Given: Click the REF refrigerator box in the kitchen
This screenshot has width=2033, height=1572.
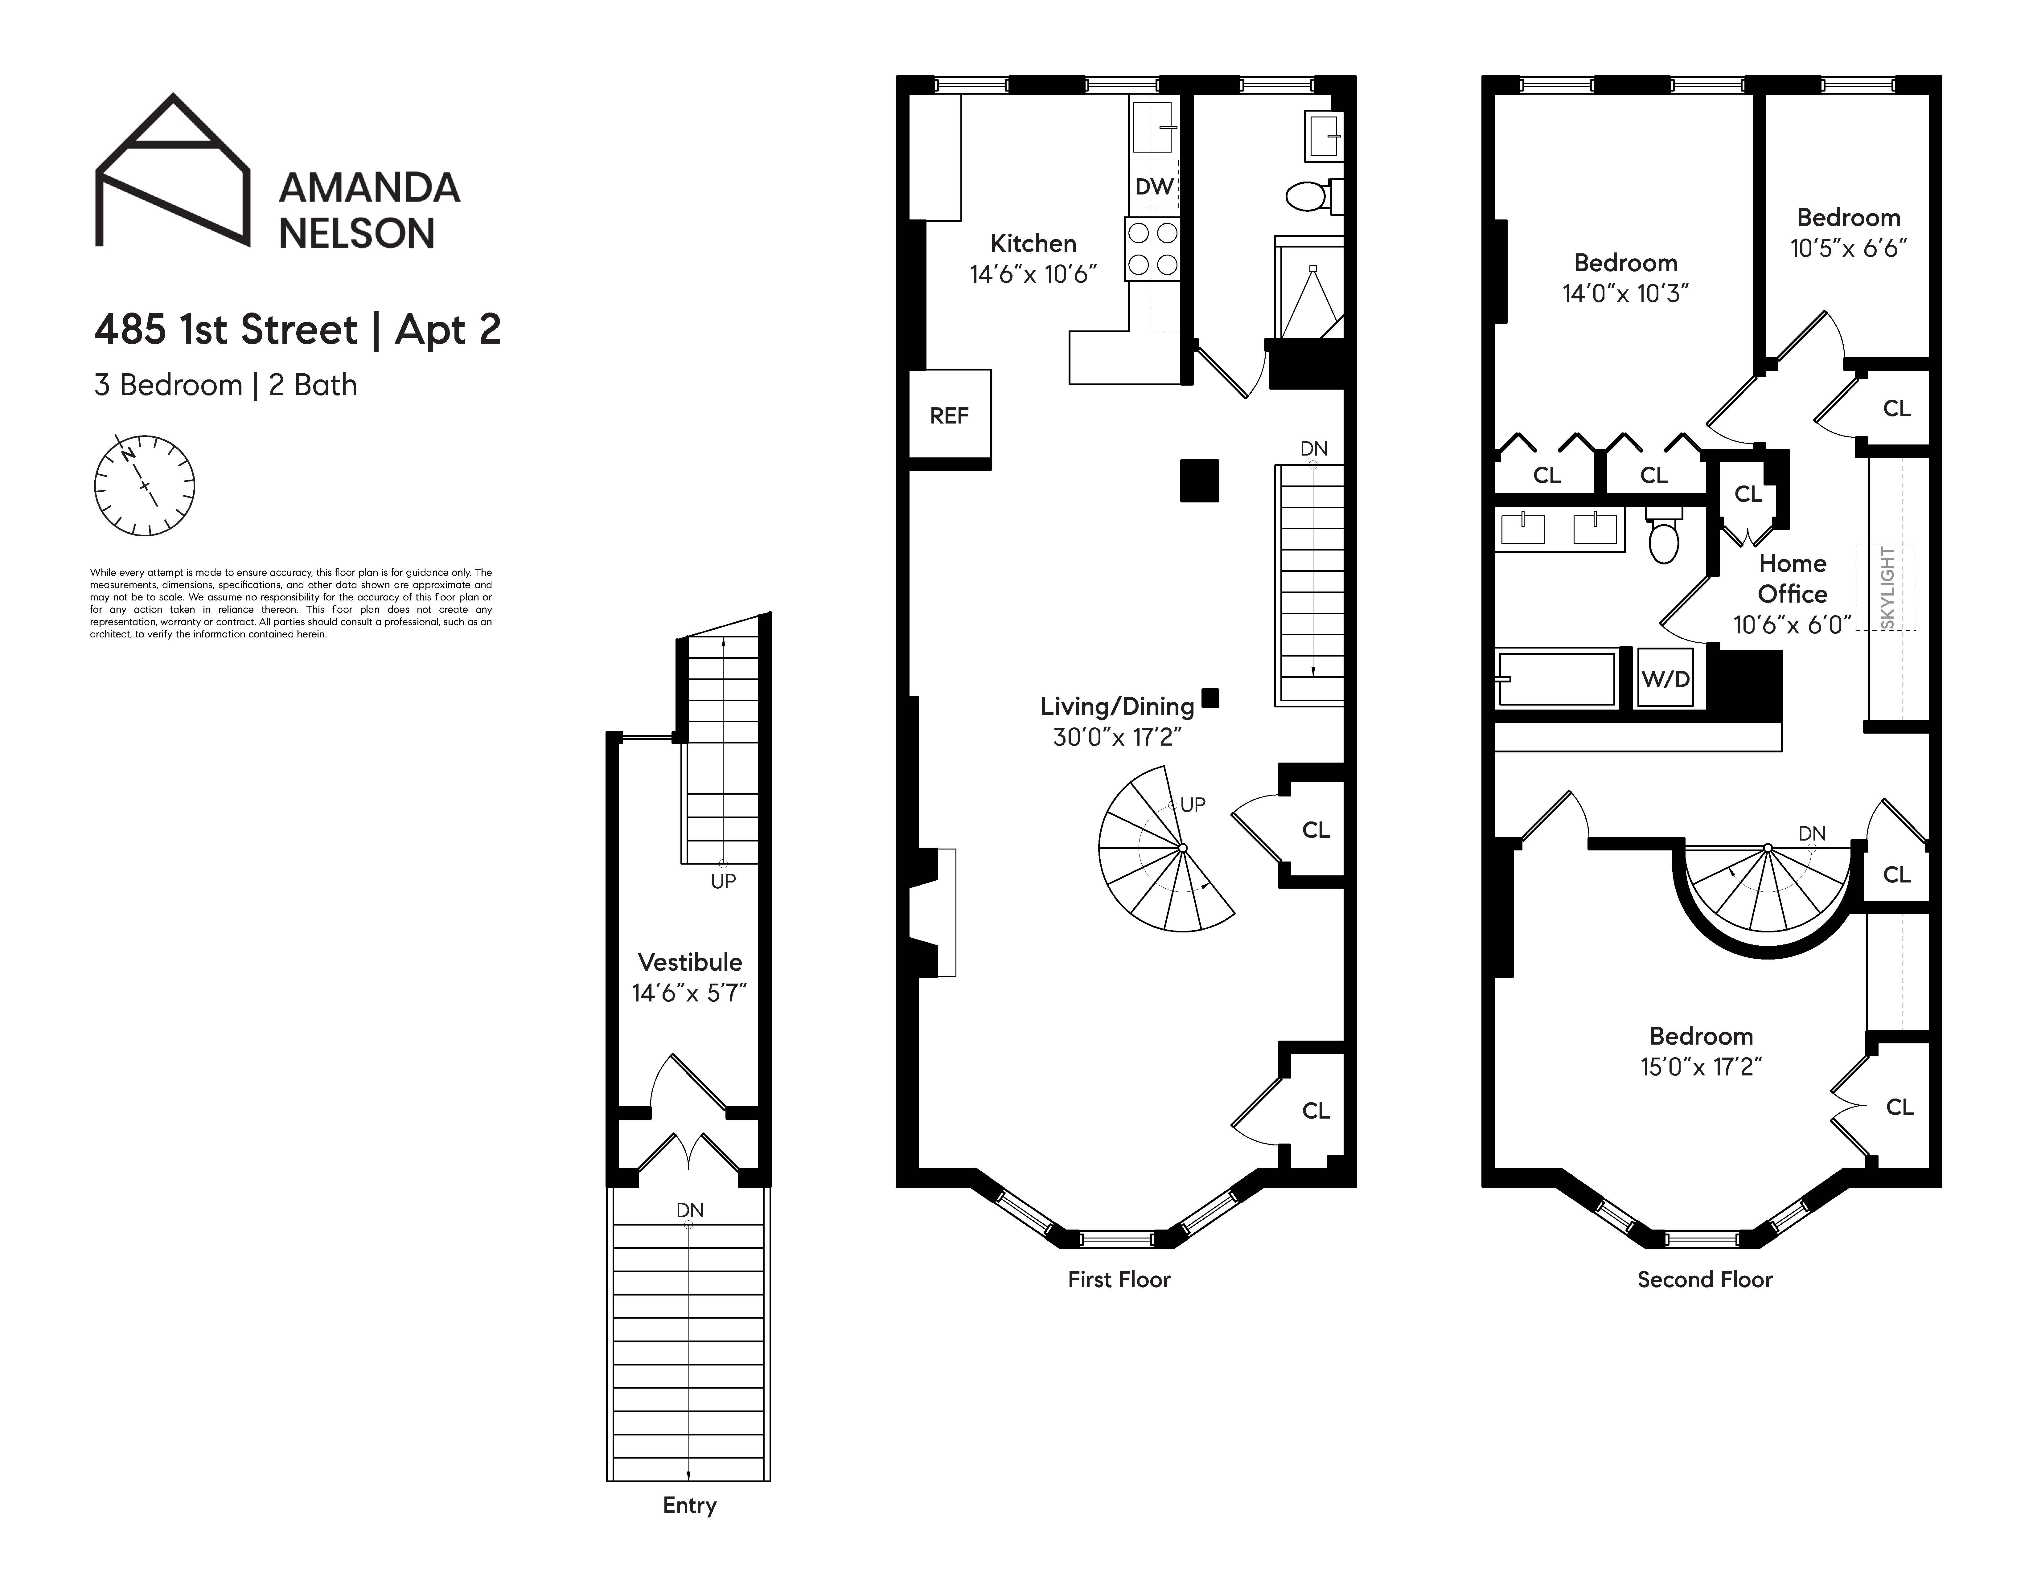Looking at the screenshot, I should pyautogui.click(x=949, y=415).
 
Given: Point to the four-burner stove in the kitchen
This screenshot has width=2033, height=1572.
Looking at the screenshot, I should pyautogui.click(x=1153, y=248).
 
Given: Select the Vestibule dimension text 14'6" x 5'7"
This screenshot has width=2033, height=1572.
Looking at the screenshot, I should pyautogui.click(x=689, y=993).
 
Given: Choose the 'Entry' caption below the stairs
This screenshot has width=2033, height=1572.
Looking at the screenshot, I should pyautogui.click(x=689, y=1505).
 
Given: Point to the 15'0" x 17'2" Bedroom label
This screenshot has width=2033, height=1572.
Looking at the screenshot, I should pyautogui.click(x=1701, y=1052).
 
